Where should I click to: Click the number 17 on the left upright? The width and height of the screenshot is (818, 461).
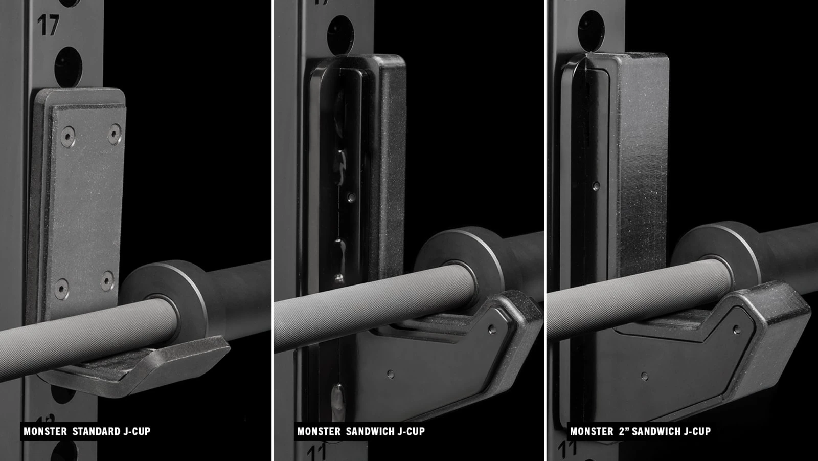coord(48,25)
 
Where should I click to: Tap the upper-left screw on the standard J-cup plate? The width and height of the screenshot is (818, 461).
coord(68,137)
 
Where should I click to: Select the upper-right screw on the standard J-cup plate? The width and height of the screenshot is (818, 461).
coord(115,134)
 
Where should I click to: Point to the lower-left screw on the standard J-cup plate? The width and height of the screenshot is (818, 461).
coord(61,289)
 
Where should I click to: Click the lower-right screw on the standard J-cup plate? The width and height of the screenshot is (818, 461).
coord(107,281)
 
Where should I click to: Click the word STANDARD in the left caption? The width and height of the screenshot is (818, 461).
coord(97,431)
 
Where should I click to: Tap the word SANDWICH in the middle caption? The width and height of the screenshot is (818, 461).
coord(370,431)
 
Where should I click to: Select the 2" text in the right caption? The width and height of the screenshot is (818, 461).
coord(624,431)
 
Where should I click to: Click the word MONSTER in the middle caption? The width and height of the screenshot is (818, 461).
coord(319,431)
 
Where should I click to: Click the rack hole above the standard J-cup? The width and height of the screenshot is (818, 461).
coord(69,67)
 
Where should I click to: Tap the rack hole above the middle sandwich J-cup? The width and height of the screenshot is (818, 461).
coord(340,35)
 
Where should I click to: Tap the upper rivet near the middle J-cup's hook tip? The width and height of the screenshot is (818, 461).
coord(492,330)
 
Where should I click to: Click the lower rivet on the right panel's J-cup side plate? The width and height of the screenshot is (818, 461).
coord(645,376)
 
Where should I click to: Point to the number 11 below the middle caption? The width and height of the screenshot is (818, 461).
coord(316,453)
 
